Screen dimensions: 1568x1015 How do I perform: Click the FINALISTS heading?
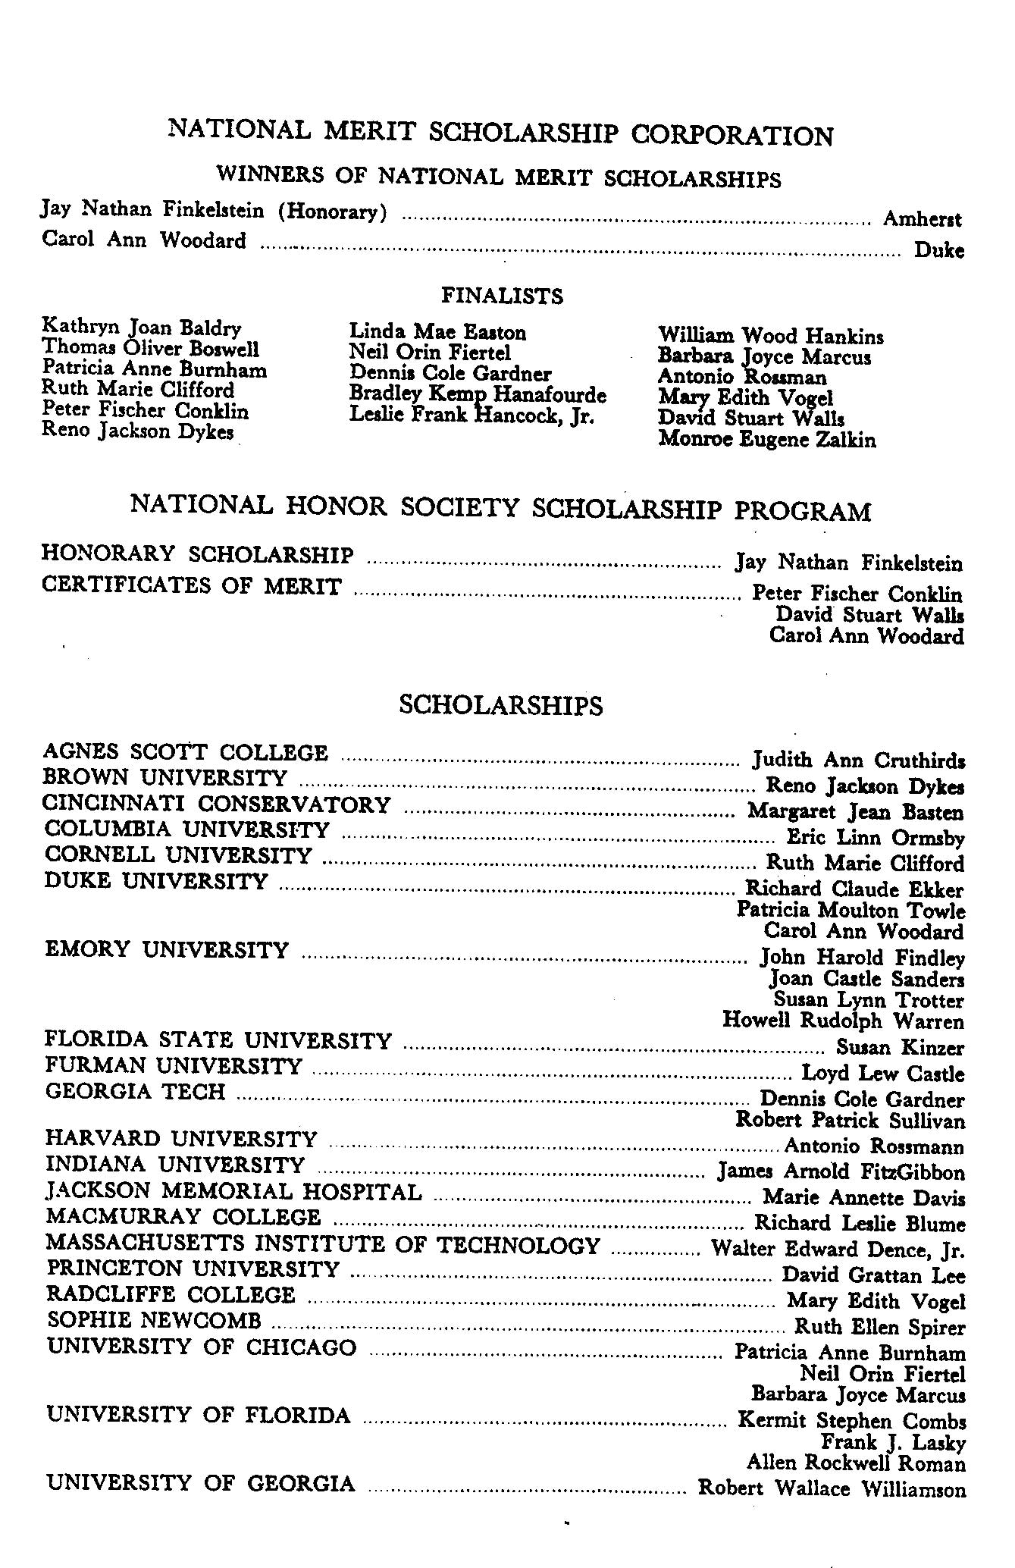click(x=502, y=295)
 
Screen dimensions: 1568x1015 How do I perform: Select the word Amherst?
click(x=922, y=219)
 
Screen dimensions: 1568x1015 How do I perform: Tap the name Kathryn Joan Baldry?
click(x=142, y=328)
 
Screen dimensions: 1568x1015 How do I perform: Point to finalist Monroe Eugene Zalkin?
click(x=767, y=439)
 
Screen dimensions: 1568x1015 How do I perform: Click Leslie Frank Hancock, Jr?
click(x=471, y=416)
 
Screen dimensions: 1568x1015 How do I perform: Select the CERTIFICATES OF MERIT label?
click(x=191, y=586)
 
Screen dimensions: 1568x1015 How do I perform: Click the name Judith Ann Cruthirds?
click(x=858, y=760)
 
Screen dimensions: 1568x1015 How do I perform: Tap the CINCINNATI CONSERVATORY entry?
click(x=217, y=804)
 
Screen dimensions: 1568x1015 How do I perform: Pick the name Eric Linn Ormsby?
click(x=876, y=838)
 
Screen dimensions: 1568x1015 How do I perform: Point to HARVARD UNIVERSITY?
click(x=181, y=1138)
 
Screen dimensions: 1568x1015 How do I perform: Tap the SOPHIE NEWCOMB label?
click(x=154, y=1320)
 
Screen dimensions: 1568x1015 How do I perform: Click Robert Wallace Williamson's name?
click(x=832, y=1488)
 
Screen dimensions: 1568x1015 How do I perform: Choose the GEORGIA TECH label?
click(x=135, y=1091)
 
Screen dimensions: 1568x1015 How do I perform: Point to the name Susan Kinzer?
click(x=900, y=1047)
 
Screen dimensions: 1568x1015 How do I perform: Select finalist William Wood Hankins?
click(x=770, y=335)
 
